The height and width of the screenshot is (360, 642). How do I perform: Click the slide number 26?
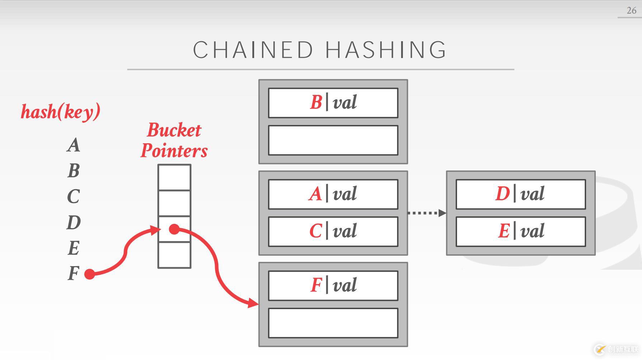(631, 10)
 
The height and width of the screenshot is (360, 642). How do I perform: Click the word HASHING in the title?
(386, 50)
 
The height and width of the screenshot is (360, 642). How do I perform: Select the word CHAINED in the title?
(253, 50)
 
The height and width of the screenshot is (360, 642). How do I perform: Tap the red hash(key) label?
(61, 112)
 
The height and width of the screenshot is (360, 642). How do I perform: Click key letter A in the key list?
(73, 145)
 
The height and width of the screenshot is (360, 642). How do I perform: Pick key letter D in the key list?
(73, 222)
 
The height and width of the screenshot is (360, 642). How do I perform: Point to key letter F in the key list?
(73, 274)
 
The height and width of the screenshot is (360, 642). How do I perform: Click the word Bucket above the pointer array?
(174, 130)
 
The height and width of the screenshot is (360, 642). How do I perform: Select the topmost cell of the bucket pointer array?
(174, 177)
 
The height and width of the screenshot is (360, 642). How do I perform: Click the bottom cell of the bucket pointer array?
(174, 255)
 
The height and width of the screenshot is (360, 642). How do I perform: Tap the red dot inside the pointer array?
(174, 229)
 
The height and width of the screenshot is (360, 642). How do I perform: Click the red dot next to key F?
(90, 274)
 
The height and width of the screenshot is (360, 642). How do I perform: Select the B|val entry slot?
(333, 103)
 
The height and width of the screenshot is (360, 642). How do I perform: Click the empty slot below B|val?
(333, 140)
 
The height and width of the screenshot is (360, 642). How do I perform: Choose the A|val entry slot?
(333, 194)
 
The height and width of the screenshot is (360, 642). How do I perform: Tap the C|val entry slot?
(333, 231)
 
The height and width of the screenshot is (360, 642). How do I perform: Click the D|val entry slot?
(520, 194)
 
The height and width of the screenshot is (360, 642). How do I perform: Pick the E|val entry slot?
(520, 231)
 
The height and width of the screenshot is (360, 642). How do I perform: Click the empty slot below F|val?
(333, 323)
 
